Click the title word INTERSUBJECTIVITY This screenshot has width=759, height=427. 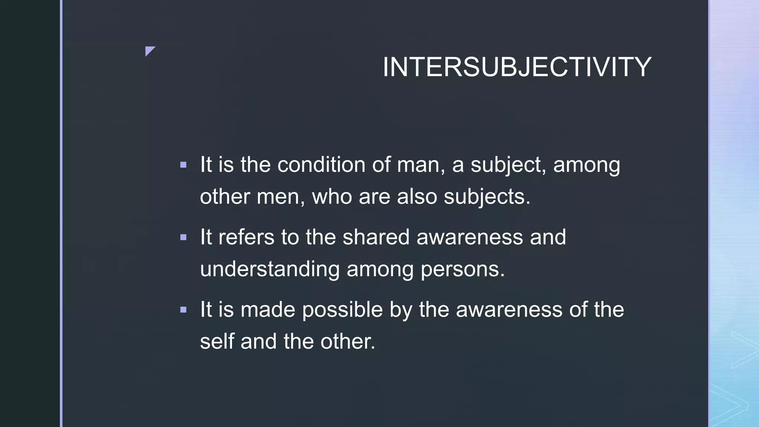coord(517,67)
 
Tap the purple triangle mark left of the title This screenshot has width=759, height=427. coord(149,50)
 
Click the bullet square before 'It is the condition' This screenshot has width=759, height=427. coord(183,165)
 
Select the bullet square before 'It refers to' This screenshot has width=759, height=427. coord(183,237)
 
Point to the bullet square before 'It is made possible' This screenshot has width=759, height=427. coord(183,310)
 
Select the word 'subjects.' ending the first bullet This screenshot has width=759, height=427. coord(487,196)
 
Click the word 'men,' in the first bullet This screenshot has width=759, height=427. coord(281,196)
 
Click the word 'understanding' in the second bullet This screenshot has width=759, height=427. coord(270,269)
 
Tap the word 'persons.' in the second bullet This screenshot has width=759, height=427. coord(463,269)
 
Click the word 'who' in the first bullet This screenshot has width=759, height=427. coord(332,196)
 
